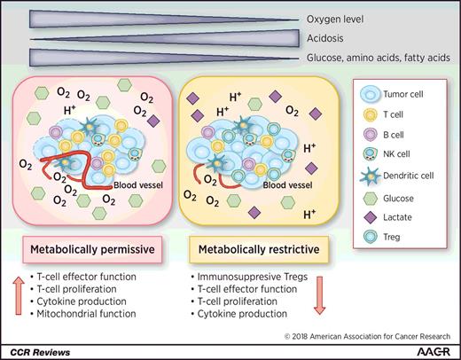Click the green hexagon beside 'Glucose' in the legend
pyautogui.click(x=368, y=200)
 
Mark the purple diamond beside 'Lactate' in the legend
pyautogui.click(x=368, y=222)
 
